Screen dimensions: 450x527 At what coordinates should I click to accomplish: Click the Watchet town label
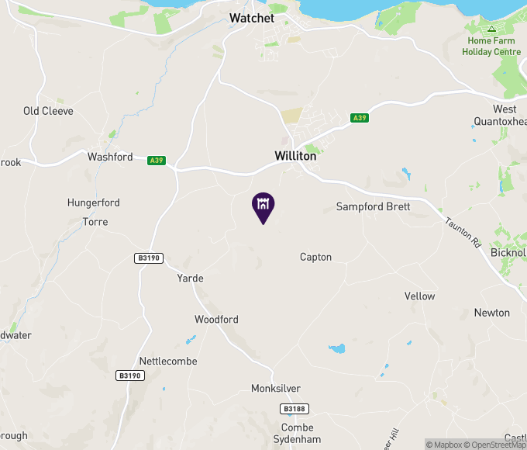(252, 17)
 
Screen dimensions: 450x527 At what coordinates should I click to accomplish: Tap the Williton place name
(295, 156)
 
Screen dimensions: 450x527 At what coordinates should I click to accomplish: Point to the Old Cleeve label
(48, 111)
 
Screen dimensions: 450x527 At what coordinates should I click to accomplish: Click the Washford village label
(110, 157)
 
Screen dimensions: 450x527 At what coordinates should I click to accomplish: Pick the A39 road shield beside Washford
(157, 160)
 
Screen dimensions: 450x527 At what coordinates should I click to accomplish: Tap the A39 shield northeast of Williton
(359, 118)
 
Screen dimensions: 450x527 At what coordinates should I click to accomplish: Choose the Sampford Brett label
(373, 206)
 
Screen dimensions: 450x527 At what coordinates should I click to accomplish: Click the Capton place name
(315, 257)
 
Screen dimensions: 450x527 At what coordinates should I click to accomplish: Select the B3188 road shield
(293, 408)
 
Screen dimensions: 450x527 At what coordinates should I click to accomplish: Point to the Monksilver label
(276, 389)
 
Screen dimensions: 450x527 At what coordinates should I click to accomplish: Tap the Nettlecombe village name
(168, 362)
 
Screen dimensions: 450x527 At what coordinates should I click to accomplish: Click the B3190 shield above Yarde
(147, 258)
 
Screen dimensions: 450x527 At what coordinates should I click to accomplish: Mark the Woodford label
(216, 320)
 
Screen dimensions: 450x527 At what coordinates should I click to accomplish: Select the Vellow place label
(419, 296)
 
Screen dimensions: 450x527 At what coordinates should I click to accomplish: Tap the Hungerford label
(94, 202)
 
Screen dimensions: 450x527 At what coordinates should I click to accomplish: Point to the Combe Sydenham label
(298, 434)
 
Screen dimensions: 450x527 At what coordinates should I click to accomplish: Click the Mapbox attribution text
(445, 445)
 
